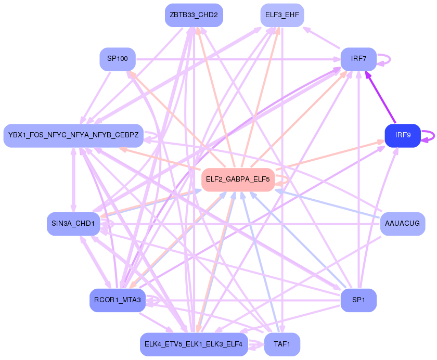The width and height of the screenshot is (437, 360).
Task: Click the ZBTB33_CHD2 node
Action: click(x=194, y=15)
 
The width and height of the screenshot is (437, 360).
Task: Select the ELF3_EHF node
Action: click(x=281, y=15)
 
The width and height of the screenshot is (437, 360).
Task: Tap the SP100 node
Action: click(x=118, y=59)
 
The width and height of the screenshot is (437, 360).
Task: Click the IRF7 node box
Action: click(x=358, y=59)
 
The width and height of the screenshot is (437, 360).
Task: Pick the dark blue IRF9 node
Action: click(x=402, y=135)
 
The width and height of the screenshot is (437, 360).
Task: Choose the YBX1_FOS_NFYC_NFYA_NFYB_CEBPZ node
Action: click(x=73, y=135)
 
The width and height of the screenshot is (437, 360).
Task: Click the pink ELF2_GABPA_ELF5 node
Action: click(x=238, y=179)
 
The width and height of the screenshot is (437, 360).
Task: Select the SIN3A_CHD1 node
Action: click(x=73, y=224)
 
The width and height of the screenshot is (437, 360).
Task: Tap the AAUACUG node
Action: click(x=402, y=224)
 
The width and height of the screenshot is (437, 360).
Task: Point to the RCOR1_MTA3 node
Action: click(x=117, y=300)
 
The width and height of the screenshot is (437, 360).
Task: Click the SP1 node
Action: click(x=358, y=300)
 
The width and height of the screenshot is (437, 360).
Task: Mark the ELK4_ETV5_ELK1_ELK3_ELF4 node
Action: click(x=194, y=344)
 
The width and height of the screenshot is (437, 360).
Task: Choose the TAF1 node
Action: click(x=282, y=344)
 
